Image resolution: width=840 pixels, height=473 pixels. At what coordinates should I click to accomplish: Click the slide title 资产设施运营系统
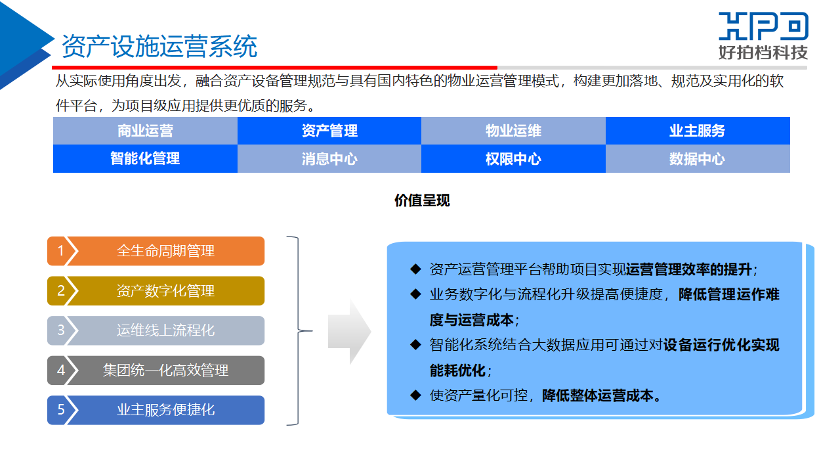[x=159, y=47]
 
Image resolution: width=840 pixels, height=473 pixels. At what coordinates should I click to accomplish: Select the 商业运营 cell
[x=145, y=131]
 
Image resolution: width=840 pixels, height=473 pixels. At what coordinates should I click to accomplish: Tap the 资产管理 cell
[x=329, y=131]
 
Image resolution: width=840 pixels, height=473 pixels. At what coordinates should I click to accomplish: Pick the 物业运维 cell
[x=513, y=131]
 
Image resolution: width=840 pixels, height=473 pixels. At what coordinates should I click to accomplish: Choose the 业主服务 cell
[x=698, y=131]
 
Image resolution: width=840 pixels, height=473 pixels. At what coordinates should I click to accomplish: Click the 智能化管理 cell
[x=145, y=159]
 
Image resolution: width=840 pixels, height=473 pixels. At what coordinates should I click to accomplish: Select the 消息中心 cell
[x=329, y=159]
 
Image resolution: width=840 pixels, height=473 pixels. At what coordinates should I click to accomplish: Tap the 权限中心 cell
[x=513, y=159]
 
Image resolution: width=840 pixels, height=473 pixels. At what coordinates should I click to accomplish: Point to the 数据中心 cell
[x=698, y=159]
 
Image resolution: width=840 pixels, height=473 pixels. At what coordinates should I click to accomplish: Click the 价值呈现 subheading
[x=422, y=201]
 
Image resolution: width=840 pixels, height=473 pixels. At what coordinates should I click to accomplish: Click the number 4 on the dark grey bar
[x=61, y=371]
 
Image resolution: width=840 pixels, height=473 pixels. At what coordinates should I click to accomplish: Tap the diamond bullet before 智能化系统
[x=415, y=345]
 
